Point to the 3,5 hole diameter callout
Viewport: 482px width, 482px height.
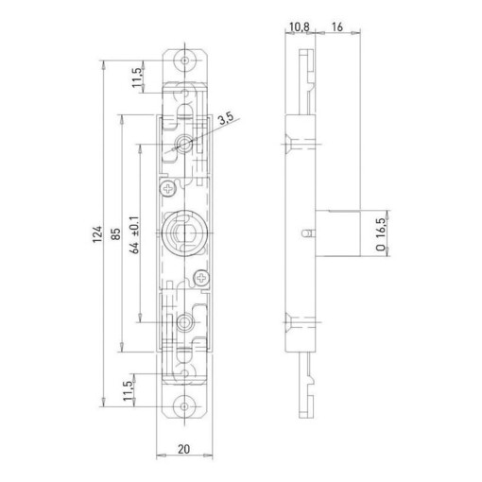(225, 120)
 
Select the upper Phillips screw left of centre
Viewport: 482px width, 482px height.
(167, 189)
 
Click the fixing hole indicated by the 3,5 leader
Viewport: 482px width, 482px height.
(184, 145)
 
